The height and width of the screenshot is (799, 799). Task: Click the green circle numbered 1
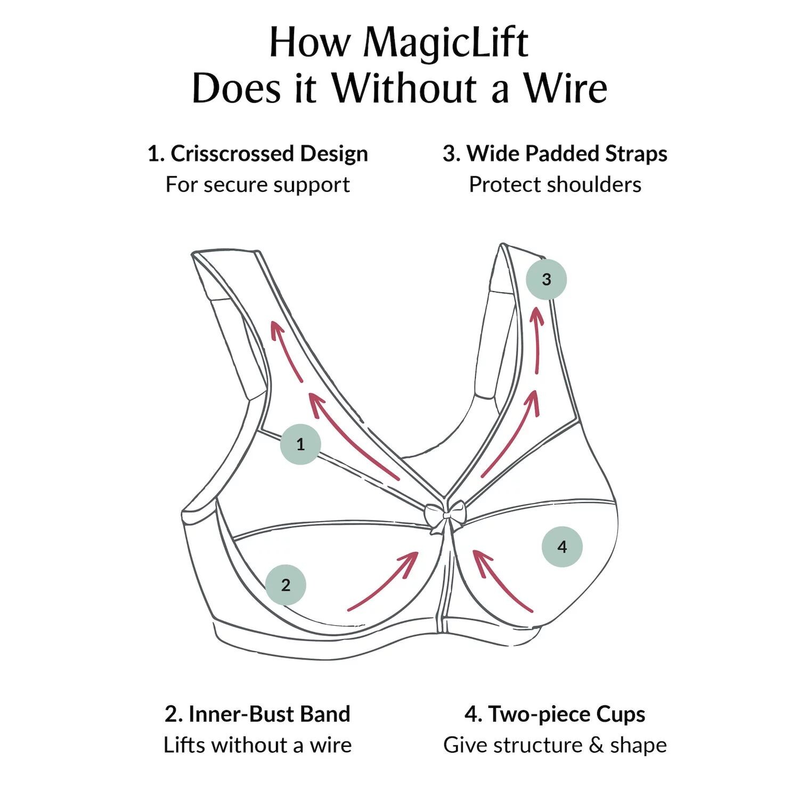pos(300,444)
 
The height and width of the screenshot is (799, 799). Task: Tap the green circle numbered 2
pos(286,585)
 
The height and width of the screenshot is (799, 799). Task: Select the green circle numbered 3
pos(546,279)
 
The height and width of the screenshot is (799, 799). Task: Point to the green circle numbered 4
pos(562,547)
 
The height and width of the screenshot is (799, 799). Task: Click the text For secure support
pos(258,184)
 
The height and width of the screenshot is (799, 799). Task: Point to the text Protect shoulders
pos(555,184)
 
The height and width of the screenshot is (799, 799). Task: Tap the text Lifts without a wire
pos(258,745)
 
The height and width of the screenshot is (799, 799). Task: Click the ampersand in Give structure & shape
pos(596,745)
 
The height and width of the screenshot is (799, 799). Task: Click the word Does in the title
pos(236,88)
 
